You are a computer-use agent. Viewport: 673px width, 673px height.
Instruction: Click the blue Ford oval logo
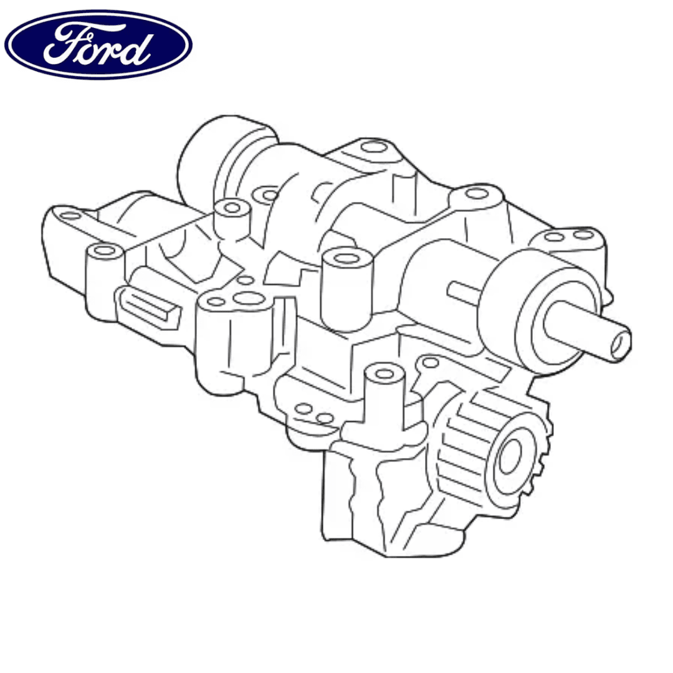click(x=98, y=45)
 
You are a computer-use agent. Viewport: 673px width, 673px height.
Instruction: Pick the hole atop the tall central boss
click(x=347, y=259)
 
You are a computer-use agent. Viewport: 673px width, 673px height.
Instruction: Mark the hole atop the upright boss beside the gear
click(x=384, y=374)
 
